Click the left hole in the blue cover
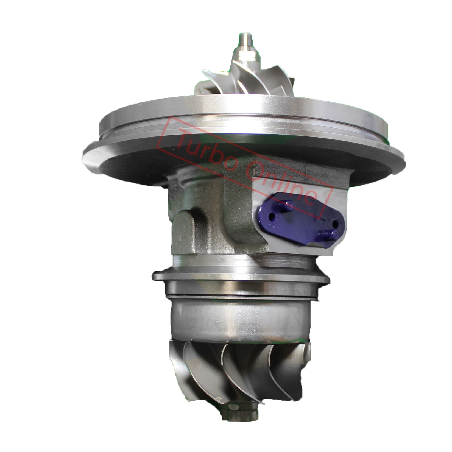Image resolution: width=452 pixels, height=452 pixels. click(x=272, y=215)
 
